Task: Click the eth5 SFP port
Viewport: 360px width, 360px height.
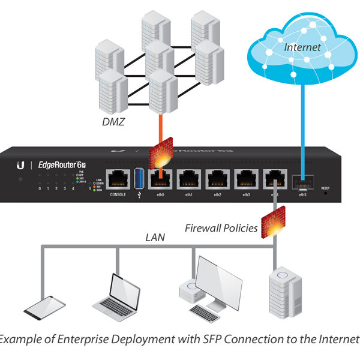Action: [x=302, y=182]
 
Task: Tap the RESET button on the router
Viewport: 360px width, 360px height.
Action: [x=326, y=193]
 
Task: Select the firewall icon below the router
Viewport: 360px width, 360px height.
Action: [x=275, y=221]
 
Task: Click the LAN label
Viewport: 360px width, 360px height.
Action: [x=155, y=238]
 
